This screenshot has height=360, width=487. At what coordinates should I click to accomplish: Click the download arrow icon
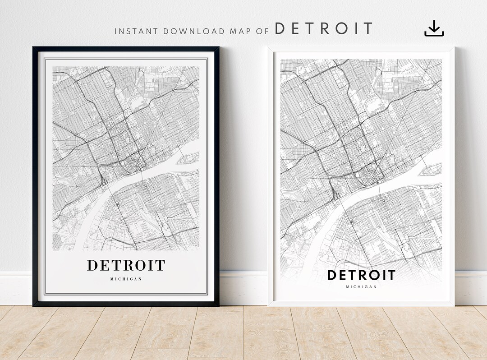click(434, 29)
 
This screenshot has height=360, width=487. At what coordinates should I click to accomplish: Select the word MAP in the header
click(239, 31)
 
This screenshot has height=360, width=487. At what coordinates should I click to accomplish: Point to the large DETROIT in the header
click(324, 29)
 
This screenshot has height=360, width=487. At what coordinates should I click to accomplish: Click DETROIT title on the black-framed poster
click(126, 265)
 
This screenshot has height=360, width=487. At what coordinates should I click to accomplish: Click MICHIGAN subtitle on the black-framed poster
click(126, 279)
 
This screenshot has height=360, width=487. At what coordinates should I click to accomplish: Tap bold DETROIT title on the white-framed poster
click(361, 275)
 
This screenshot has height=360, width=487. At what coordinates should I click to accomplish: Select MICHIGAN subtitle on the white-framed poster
click(361, 286)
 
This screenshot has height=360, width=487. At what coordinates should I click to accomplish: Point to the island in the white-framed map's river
click(430, 170)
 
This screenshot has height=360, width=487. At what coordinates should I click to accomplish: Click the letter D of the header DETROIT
click(280, 29)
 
